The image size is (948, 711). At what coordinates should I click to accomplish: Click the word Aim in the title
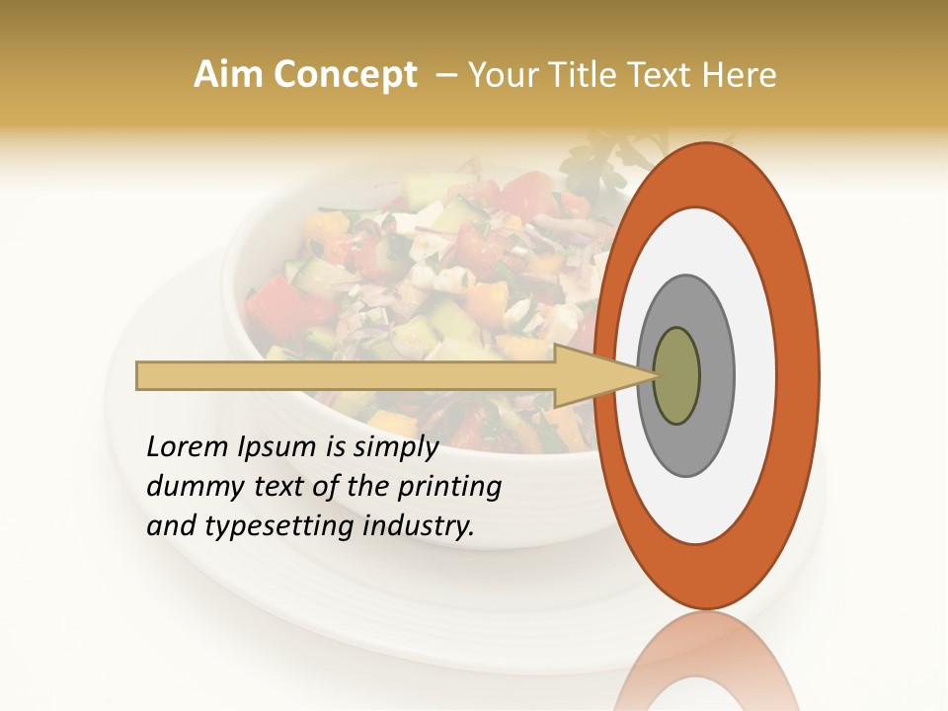(x=229, y=75)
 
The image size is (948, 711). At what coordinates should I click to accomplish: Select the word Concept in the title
(x=345, y=76)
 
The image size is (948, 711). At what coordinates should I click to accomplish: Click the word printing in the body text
(x=449, y=487)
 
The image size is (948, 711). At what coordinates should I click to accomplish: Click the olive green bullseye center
(x=676, y=375)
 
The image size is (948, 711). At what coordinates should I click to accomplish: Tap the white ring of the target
(x=760, y=375)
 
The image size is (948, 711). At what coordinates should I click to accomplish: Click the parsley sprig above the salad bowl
(x=592, y=158)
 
